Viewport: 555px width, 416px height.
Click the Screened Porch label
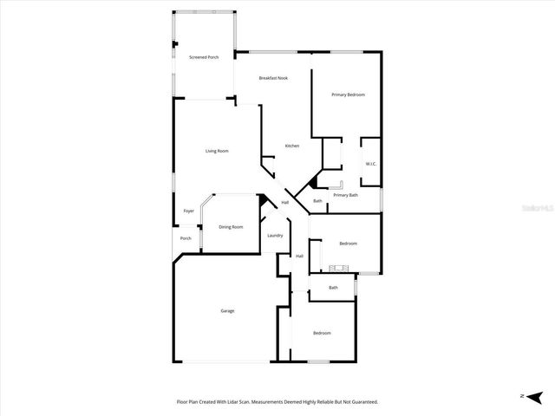204,57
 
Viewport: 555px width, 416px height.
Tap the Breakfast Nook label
273,78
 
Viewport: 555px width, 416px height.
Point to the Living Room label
217,152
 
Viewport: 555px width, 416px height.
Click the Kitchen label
292,146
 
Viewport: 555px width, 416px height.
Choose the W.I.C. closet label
370,164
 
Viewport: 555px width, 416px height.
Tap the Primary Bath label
345,195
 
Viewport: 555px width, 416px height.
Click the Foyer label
188,211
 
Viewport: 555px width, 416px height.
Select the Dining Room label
231,227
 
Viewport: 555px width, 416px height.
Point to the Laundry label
275,236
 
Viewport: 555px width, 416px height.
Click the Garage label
227,311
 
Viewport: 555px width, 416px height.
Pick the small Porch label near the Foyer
186,238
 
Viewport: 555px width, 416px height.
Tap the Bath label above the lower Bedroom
333,288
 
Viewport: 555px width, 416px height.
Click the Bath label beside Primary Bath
317,202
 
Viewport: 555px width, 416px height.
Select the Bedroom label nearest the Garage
322,333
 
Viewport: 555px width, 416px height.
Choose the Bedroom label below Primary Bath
348,244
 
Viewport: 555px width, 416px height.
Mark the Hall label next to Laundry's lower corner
299,256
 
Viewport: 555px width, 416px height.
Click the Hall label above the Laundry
284,203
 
